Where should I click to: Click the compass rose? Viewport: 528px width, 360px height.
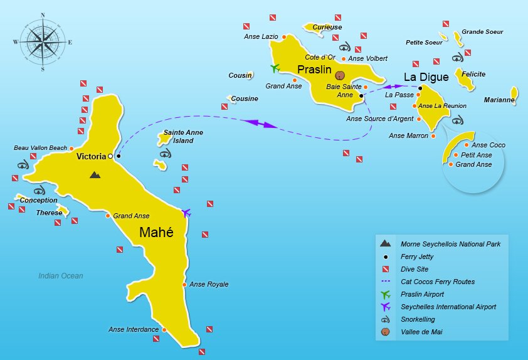42,42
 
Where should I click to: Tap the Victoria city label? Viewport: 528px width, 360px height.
91,156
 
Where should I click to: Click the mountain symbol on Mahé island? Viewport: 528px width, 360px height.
95,175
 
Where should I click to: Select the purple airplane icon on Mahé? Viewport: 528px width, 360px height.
186,213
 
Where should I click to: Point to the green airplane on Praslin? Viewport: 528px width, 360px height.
274,68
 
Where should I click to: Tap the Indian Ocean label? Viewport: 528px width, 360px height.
60,276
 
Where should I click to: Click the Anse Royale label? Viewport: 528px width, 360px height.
209,285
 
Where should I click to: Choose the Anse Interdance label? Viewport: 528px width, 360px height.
133,330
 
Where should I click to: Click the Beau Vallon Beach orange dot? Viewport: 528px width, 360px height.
71,148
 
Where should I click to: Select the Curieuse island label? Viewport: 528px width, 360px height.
327,28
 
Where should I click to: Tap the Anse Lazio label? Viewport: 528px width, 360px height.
260,37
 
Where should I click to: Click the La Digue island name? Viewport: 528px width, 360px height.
426,77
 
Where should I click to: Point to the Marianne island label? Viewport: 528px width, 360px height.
499,100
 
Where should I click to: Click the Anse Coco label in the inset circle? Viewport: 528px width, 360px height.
488,146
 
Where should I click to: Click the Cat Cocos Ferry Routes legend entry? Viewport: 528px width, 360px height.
438,282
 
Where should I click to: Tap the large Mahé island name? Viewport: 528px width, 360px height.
156,233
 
